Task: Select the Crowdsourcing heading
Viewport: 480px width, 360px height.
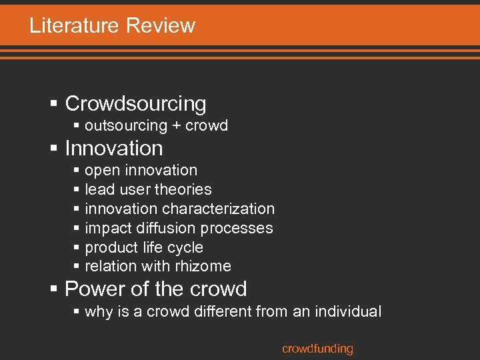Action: point(135,104)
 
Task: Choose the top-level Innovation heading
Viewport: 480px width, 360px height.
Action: point(114,148)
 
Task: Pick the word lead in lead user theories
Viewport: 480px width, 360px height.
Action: point(98,190)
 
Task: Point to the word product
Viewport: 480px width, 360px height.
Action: point(111,247)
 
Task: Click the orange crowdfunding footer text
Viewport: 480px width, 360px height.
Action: point(317,349)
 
